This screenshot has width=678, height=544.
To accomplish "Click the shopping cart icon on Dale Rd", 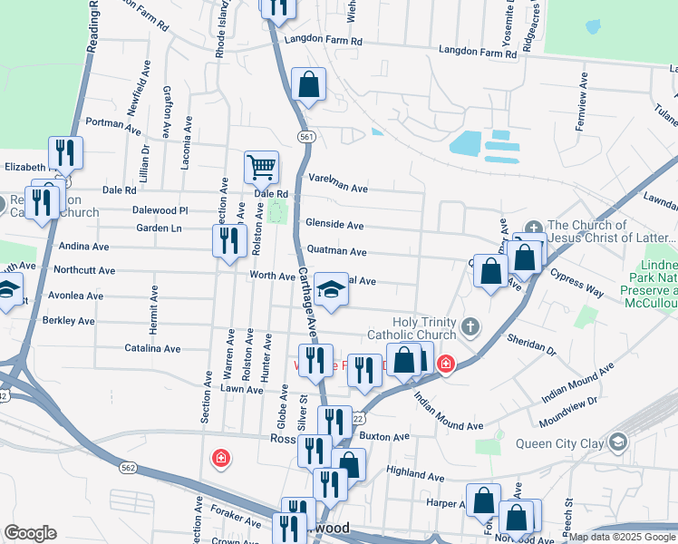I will click(261, 167).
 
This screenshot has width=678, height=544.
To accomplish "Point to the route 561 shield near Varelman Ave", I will click(307, 136).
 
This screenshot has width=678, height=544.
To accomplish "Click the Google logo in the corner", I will click(30, 533).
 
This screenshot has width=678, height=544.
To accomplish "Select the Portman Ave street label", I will click(113, 122).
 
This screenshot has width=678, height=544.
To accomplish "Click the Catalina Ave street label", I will click(152, 348).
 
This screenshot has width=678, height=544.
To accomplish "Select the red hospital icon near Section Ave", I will click(220, 459).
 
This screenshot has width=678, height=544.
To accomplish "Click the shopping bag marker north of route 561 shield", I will click(308, 85).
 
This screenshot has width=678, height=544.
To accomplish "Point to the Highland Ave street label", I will click(414, 473).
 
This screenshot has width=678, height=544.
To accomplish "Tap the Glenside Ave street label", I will click(334, 225).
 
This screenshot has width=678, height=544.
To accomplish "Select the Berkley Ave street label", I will click(73, 321).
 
